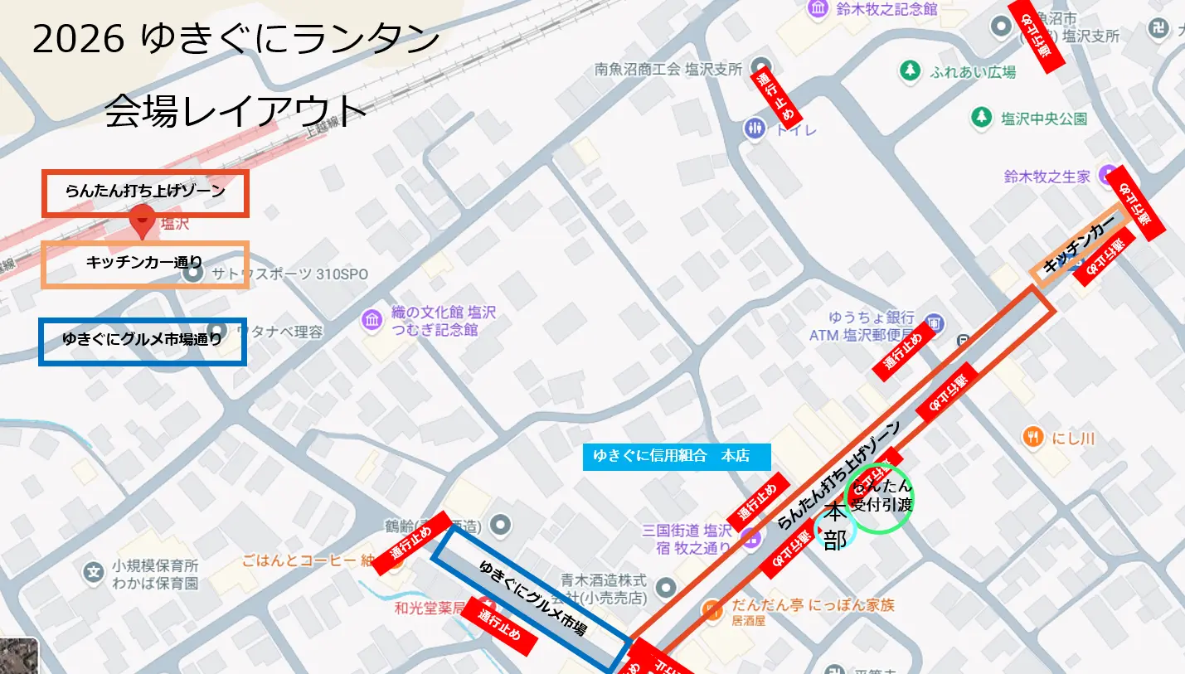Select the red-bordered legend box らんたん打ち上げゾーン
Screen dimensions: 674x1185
click(x=146, y=192)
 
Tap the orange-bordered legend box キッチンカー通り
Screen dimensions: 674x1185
click(x=146, y=264)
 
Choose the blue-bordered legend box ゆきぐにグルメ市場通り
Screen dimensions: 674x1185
click(x=143, y=341)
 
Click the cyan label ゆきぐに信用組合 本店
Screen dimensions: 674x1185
click(x=677, y=456)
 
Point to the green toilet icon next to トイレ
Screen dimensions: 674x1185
click(x=755, y=128)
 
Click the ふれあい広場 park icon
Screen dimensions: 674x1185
click(x=911, y=70)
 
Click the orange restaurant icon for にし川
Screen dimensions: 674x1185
click(x=1033, y=437)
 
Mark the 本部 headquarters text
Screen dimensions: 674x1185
click(x=835, y=527)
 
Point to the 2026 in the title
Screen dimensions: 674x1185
click(x=80, y=40)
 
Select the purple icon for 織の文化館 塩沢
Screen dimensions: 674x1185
click(x=372, y=319)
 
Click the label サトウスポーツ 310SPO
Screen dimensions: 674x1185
click(x=289, y=274)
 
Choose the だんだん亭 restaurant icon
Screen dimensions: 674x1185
click(x=711, y=611)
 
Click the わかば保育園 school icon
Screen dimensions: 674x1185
click(x=95, y=572)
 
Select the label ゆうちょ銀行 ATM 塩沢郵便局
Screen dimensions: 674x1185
click(x=862, y=326)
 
